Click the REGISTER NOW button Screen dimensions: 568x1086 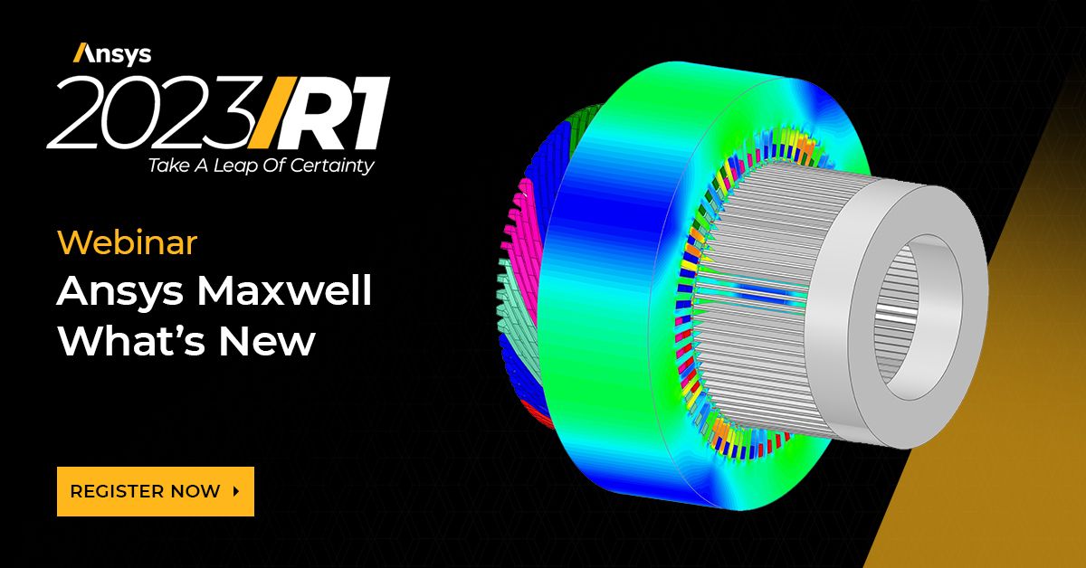[155, 491]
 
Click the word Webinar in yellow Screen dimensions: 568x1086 [127, 242]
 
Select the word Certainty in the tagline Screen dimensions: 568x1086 [335, 166]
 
